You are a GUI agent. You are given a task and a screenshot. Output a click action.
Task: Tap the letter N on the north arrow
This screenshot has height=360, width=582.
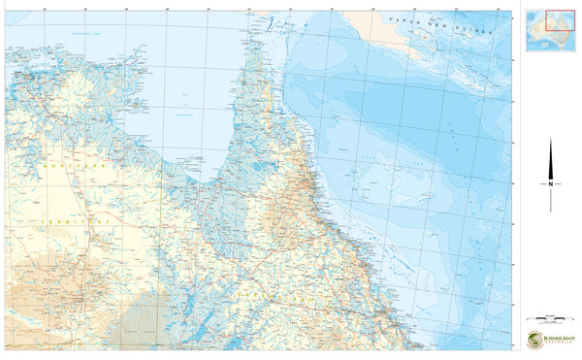pos(550,184)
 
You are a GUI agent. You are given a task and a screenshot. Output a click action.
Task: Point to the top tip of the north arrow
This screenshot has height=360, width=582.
pos(550,139)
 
